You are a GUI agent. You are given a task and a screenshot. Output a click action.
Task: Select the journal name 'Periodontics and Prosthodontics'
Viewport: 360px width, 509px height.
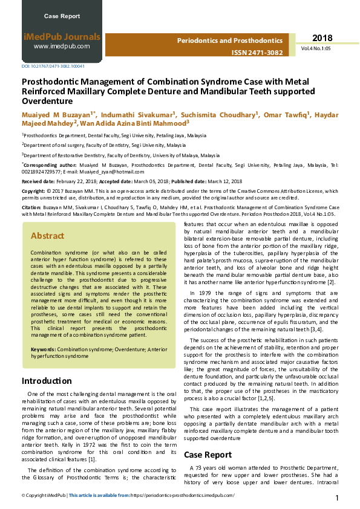click(x=229, y=41)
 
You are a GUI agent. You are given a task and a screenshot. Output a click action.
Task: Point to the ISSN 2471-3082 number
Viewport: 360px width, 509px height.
click(x=257, y=53)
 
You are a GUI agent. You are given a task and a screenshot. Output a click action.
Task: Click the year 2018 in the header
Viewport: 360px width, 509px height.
click(x=322, y=38)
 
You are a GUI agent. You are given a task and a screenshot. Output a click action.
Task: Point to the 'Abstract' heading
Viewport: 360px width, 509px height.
click(x=47, y=236)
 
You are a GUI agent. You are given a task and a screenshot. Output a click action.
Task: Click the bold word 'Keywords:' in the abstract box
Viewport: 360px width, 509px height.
click(x=44, y=349)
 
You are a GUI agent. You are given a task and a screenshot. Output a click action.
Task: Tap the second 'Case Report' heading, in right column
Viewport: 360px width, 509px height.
click(x=208, y=454)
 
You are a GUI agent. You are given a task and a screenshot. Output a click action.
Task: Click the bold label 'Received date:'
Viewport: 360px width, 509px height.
click(x=41, y=181)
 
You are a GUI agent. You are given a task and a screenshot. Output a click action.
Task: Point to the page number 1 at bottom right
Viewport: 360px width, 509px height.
click(x=337, y=498)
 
